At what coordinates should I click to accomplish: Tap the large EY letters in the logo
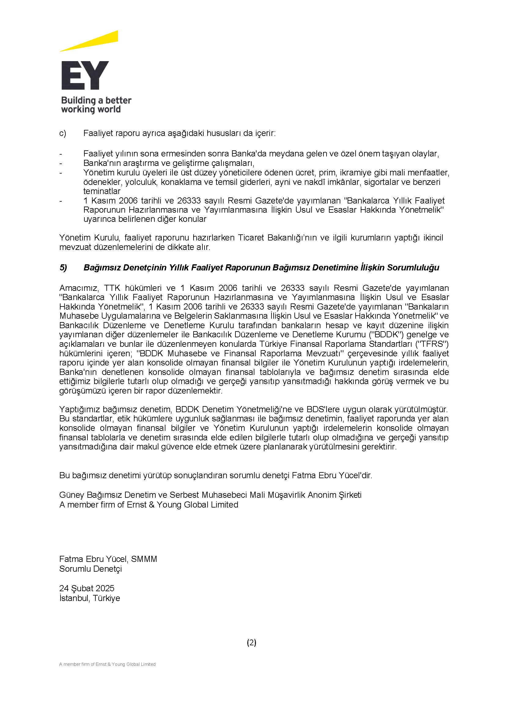pyautogui.click(x=85, y=75)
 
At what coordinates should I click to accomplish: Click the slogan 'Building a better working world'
pyautogui.click(x=96, y=105)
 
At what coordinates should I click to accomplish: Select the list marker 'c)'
pyautogui.click(x=63, y=133)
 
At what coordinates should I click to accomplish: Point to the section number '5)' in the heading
pyautogui.click(x=63, y=267)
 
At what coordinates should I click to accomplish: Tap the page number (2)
pyautogui.click(x=251, y=642)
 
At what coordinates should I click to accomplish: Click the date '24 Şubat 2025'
pyautogui.click(x=87, y=588)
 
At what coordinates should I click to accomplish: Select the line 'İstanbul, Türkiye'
pyautogui.click(x=90, y=598)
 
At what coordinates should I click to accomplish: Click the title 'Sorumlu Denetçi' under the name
pyautogui.click(x=90, y=569)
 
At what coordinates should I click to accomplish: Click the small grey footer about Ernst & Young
pyautogui.click(x=107, y=664)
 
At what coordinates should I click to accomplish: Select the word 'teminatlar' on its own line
pyautogui.click(x=102, y=191)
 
